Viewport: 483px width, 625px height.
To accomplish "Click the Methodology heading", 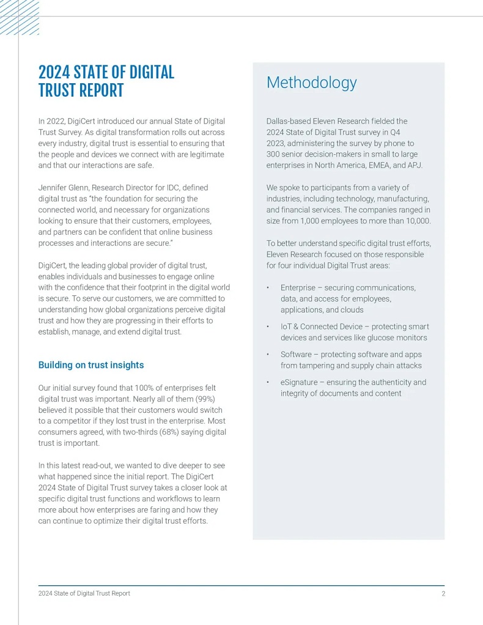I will [x=311, y=83].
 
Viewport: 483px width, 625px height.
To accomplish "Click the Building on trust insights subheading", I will [x=91, y=365].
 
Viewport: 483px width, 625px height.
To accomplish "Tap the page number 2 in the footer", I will [x=443, y=593].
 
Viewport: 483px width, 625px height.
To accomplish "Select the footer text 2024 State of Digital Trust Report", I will [x=84, y=593].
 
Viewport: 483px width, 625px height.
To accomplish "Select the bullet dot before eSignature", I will [x=268, y=383].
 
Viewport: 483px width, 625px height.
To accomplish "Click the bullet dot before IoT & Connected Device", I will [x=268, y=327].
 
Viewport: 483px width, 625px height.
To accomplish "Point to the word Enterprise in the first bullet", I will [x=298, y=287].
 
